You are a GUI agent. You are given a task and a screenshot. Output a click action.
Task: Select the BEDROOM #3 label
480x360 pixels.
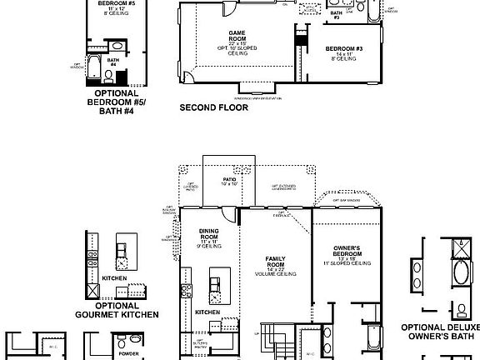click(345, 48)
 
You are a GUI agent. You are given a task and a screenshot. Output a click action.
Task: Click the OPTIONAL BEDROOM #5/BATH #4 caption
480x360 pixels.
click(110, 102)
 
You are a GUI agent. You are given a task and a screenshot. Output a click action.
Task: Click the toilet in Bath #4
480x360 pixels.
click(108, 75)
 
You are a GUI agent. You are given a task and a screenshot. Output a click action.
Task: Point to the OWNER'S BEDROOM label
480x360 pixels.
click(345, 250)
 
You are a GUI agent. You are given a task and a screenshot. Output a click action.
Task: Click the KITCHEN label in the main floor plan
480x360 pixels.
click(207, 312)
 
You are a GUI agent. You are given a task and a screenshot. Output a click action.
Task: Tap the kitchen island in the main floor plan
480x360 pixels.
click(217, 288)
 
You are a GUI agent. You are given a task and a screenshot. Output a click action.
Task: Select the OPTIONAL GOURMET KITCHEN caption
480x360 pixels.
click(117, 310)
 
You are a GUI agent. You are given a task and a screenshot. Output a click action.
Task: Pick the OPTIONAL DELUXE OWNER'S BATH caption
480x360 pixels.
click(439, 332)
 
